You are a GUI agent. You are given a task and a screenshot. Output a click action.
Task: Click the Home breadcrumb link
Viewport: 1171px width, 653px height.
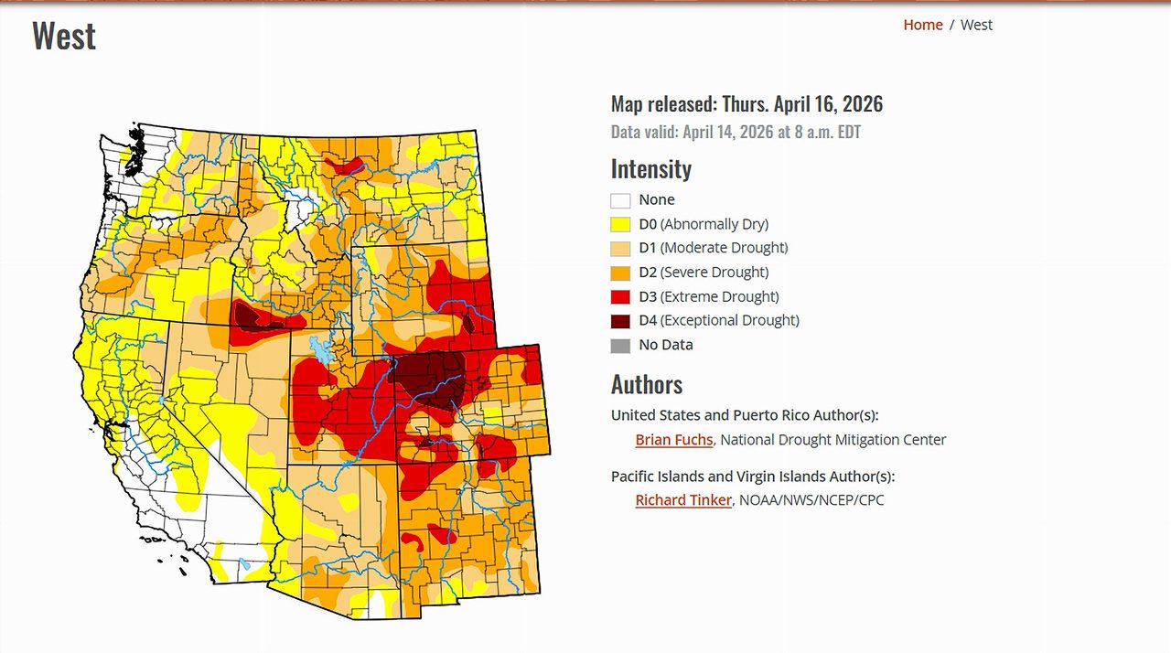pyautogui.click(x=922, y=25)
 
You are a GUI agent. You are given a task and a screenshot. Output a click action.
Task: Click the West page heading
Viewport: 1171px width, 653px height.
pyautogui.click(x=64, y=37)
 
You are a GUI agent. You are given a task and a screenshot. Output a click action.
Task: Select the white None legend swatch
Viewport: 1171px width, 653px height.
pyautogui.click(x=620, y=200)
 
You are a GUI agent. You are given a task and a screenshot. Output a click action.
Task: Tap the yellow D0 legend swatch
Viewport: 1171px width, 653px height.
pyautogui.click(x=620, y=224)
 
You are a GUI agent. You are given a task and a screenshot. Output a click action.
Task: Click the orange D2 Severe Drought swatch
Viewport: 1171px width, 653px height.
pyautogui.click(x=620, y=273)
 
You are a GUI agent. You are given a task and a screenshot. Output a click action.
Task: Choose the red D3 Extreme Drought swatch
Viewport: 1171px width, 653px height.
pyautogui.click(x=620, y=296)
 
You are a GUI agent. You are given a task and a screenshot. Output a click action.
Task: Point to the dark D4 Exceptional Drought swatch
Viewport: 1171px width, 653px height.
pyautogui.click(x=620, y=321)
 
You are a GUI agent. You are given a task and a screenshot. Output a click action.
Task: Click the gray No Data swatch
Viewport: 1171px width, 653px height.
pyautogui.click(x=620, y=346)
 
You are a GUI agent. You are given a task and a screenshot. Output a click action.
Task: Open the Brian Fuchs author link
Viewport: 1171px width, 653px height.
pyautogui.click(x=673, y=440)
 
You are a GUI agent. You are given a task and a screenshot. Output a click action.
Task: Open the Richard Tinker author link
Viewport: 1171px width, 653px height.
pyautogui.click(x=683, y=500)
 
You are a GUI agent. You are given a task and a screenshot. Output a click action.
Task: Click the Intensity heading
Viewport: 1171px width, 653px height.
pyautogui.click(x=650, y=169)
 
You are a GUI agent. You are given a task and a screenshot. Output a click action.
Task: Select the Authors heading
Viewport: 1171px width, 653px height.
pyautogui.click(x=647, y=384)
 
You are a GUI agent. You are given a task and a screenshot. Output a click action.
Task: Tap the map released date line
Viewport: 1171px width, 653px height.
pyautogui.click(x=747, y=104)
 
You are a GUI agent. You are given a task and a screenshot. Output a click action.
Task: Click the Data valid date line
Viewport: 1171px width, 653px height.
pyautogui.click(x=736, y=132)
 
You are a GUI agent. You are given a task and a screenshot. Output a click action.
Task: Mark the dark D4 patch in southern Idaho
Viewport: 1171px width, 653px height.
pyautogui.click(x=246, y=315)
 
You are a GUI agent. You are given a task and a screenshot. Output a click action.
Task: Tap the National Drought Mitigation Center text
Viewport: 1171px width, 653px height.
pyautogui.click(x=833, y=440)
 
